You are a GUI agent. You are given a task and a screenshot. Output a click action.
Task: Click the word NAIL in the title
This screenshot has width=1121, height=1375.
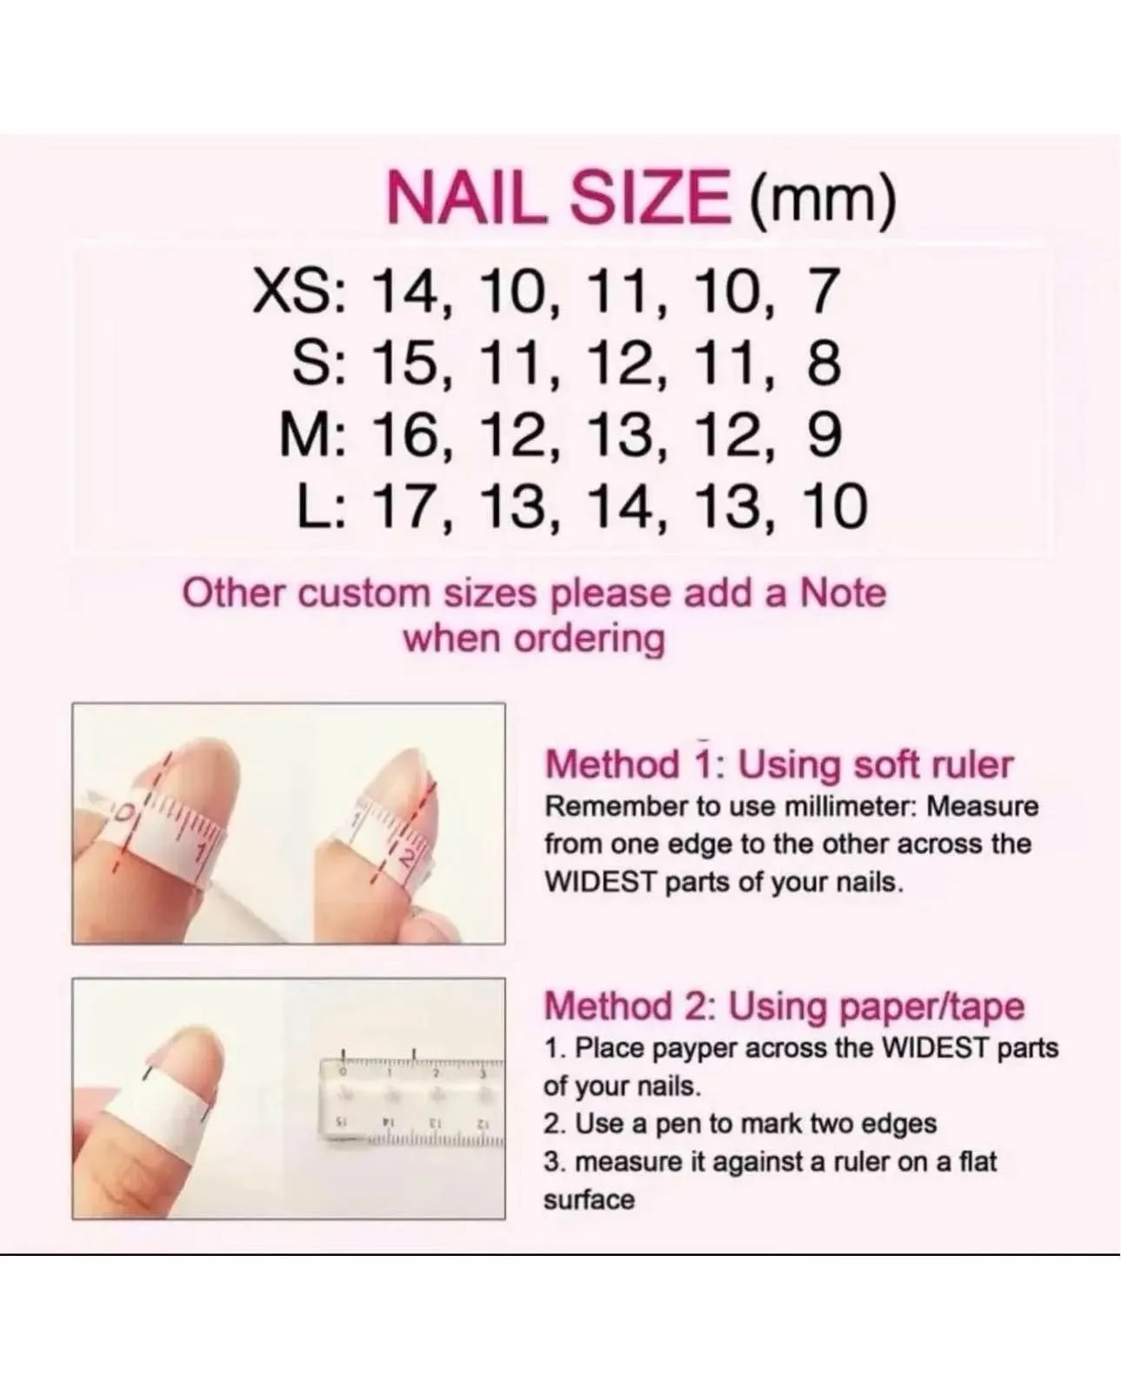coord(466,197)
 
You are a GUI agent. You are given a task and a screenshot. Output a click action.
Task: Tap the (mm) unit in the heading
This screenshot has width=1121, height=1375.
coord(823,201)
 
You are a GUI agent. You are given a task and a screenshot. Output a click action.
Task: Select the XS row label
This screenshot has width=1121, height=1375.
coord(300,291)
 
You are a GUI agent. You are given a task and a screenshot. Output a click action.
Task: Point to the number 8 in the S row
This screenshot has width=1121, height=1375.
coord(824,364)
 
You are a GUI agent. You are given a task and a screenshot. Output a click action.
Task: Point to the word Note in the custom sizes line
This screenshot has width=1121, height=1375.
coord(844,594)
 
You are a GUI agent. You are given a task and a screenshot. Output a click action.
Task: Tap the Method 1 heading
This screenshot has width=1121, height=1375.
coord(778,764)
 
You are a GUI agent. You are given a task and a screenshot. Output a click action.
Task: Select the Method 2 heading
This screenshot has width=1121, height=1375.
coord(784,1006)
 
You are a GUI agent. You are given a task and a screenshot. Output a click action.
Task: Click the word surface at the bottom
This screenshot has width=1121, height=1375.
coord(589,1201)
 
